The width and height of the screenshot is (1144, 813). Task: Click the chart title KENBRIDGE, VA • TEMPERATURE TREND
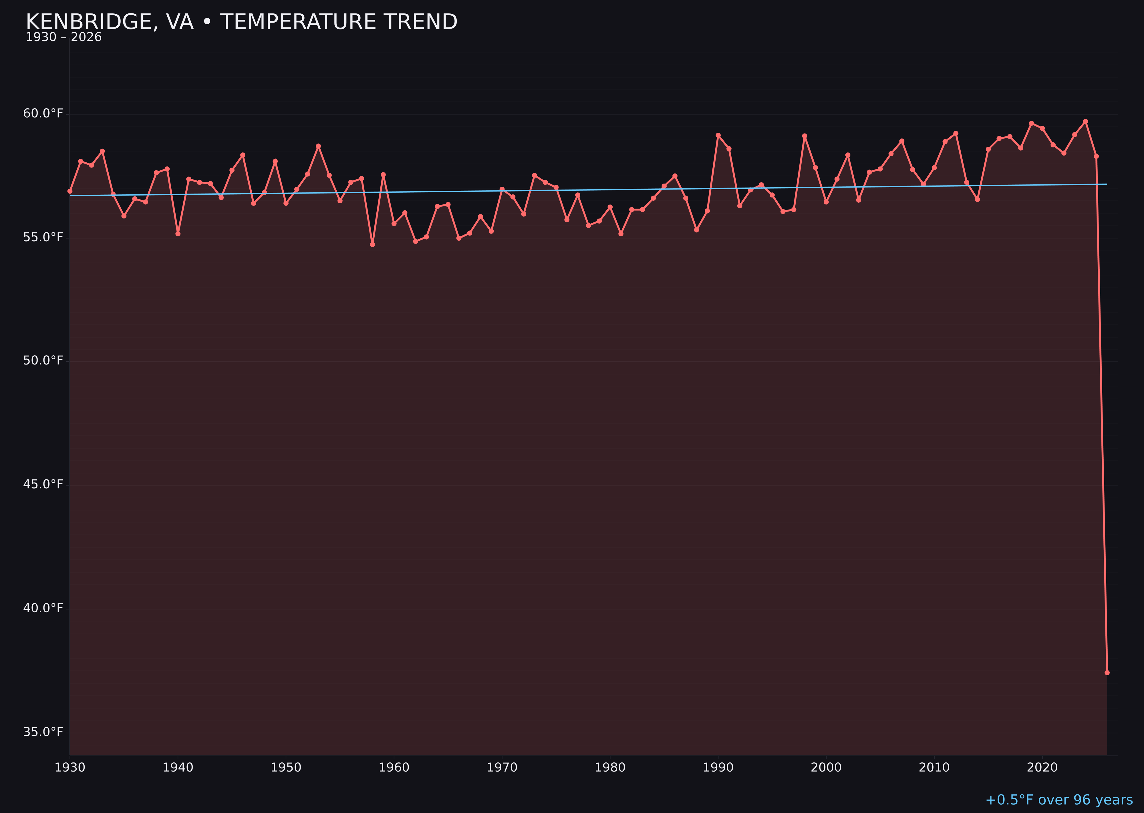pyautogui.click(x=241, y=22)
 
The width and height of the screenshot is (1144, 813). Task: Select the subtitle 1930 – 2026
pyautogui.click(x=63, y=37)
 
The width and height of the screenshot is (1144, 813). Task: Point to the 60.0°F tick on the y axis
pyautogui.click(x=43, y=114)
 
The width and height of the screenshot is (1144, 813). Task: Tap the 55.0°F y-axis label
pyautogui.click(x=43, y=237)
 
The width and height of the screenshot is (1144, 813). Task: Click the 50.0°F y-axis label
pyautogui.click(x=43, y=361)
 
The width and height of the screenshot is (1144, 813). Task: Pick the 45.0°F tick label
pyautogui.click(x=43, y=485)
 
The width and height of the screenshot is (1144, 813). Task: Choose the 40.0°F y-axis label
pyautogui.click(x=43, y=608)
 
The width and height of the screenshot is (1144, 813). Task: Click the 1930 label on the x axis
pyautogui.click(x=69, y=768)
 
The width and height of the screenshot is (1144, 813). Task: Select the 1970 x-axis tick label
pyautogui.click(x=502, y=768)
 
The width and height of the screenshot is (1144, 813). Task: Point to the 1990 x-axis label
pyautogui.click(x=718, y=768)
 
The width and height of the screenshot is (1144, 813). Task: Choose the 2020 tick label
pyautogui.click(x=1042, y=768)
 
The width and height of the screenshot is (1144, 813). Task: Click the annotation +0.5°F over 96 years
pyautogui.click(x=1059, y=800)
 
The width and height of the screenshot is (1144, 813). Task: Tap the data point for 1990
pyautogui.click(x=718, y=135)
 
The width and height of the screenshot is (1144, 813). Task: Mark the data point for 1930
pyautogui.click(x=69, y=191)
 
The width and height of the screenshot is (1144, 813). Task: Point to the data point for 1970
pyautogui.click(x=502, y=189)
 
